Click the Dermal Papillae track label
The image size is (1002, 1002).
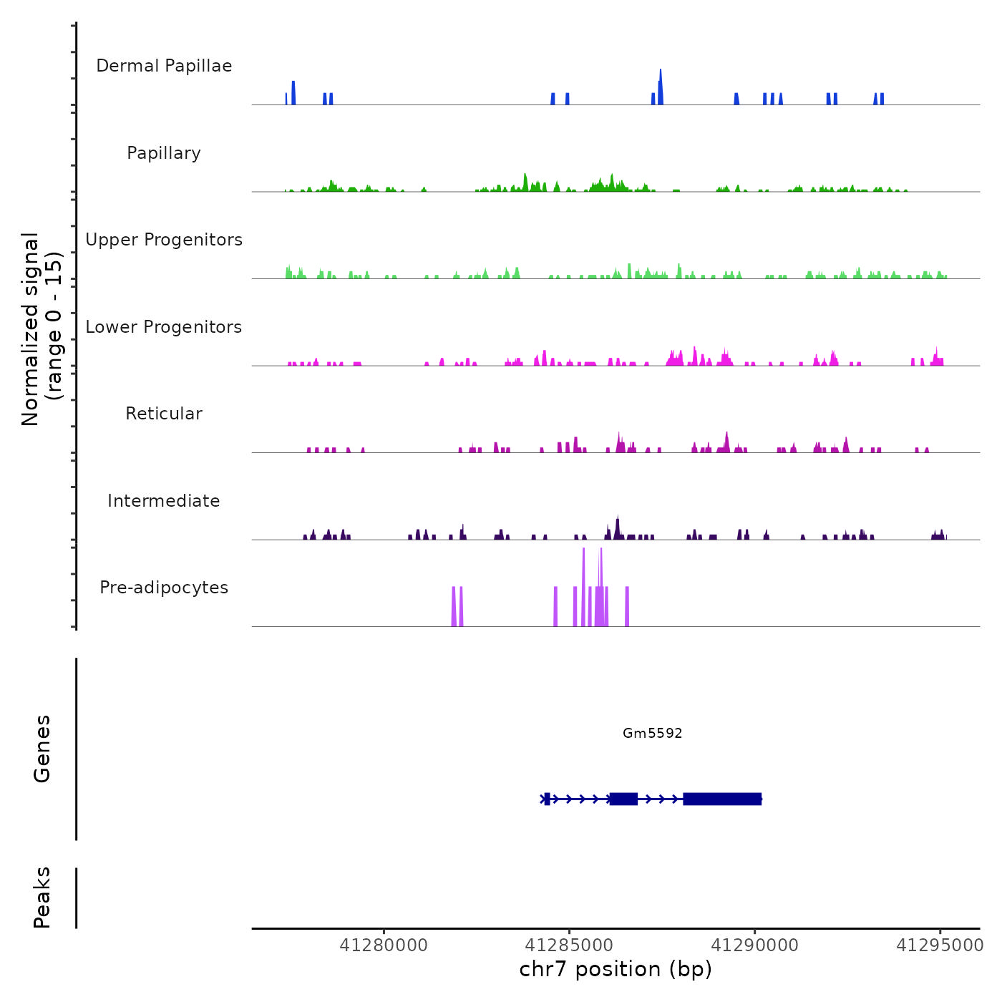pyautogui.click(x=164, y=66)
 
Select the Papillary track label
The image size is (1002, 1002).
pyautogui.click(x=164, y=153)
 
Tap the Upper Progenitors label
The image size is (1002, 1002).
pyautogui.click(x=164, y=240)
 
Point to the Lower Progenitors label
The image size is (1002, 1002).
pyautogui.click(x=164, y=327)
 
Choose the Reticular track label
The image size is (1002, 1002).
pyautogui.click(x=164, y=414)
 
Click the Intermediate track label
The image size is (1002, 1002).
pyautogui.click(x=164, y=501)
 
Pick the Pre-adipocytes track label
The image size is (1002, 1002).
pyautogui.click(x=164, y=588)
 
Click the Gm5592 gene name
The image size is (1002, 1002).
pyautogui.click(x=652, y=733)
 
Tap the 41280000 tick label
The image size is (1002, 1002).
pyautogui.click(x=384, y=945)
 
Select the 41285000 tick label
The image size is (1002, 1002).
pyautogui.click(x=569, y=945)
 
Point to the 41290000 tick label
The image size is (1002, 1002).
pyautogui.click(x=754, y=945)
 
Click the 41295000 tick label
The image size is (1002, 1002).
pyautogui.click(x=940, y=945)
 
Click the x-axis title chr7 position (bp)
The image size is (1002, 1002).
pyautogui.click(x=616, y=969)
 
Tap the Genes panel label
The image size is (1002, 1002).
pyautogui.click(x=42, y=749)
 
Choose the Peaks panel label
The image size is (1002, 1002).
pyautogui.click(x=42, y=898)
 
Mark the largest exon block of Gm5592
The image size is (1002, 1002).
pyautogui.click(x=722, y=799)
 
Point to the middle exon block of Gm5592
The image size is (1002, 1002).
pyautogui.click(x=623, y=799)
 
